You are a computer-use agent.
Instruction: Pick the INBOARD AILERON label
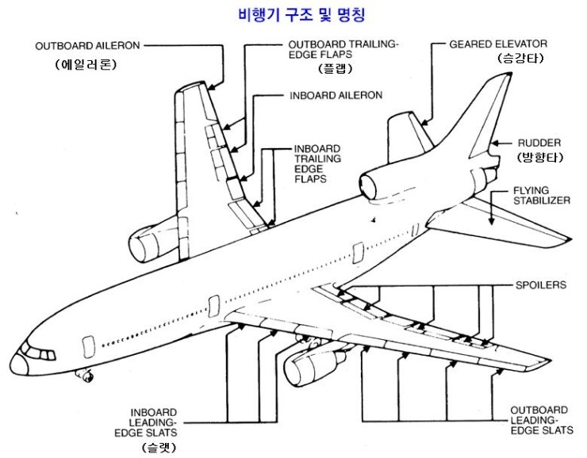[x=335, y=95]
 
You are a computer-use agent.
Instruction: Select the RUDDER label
[x=539, y=143]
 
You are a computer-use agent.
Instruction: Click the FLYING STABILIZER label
[x=541, y=196]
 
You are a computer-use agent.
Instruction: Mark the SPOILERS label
[x=541, y=285]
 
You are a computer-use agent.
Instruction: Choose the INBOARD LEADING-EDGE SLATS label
[x=154, y=422]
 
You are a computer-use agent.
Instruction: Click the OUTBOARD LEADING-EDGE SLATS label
[x=542, y=419]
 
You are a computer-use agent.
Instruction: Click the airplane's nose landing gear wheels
[x=82, y=374]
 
